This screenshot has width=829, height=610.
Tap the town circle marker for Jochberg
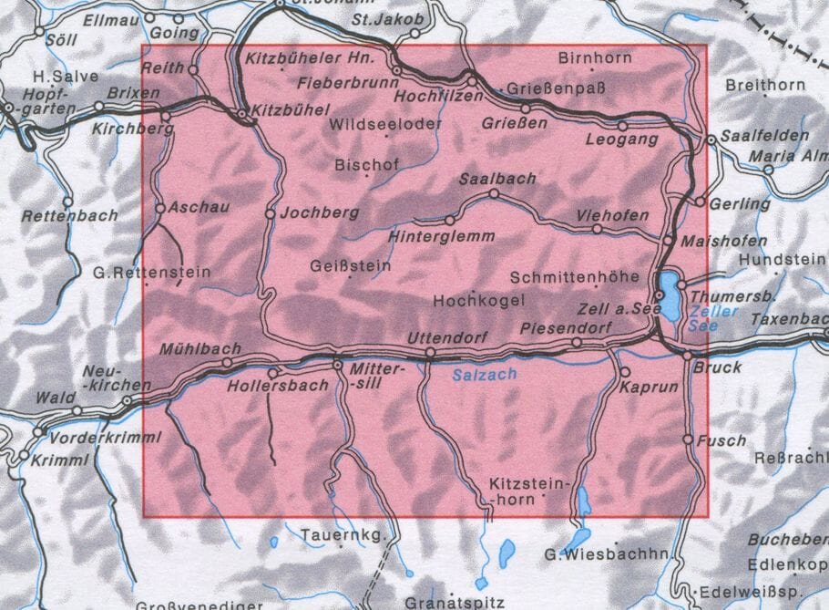(x=270, y=213)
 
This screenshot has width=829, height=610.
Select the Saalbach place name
(x=497, y=179)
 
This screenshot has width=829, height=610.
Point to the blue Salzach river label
(x=484, y=374)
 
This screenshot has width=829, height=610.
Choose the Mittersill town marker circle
(x=338, y=365)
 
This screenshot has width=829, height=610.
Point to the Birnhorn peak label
(x=594, y=57)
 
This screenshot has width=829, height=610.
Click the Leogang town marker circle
(x=623, y=126)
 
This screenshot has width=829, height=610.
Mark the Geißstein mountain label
(x=351, y=266)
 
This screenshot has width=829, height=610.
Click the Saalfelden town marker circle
(x=711, y=140)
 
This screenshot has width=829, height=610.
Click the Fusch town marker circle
(x=688, y=439)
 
